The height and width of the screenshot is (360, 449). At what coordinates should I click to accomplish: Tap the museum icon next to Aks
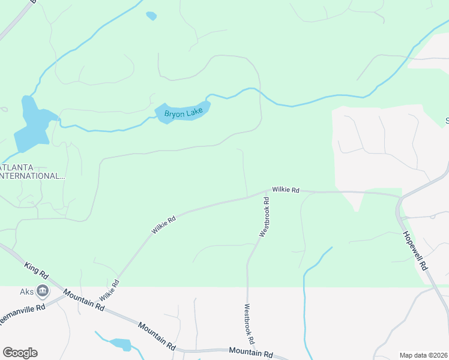(x=43, y=292)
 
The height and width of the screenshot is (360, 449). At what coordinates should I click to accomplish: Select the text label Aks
(x=26, y=290)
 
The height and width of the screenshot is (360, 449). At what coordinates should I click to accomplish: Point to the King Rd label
(x=37, y=270)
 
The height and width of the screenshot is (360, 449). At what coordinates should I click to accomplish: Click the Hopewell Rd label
(x=415, y=251)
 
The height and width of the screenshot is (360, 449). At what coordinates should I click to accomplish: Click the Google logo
(x=20, y=353)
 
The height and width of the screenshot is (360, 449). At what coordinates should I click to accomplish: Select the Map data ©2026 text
(x=424, y=355)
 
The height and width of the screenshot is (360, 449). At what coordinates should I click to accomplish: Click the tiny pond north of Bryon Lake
(x=151, y=16)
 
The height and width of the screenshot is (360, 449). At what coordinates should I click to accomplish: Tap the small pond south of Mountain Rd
(x=121, y=344)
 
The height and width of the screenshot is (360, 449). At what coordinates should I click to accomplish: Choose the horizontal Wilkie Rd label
(x=285, y=190)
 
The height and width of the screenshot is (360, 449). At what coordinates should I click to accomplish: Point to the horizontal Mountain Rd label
(x=251, y=353)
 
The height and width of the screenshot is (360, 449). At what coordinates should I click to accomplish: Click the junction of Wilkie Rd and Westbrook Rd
(x=266, y=193)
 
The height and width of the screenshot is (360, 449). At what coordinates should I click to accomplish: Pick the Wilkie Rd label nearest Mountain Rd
(x=110, y=290)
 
